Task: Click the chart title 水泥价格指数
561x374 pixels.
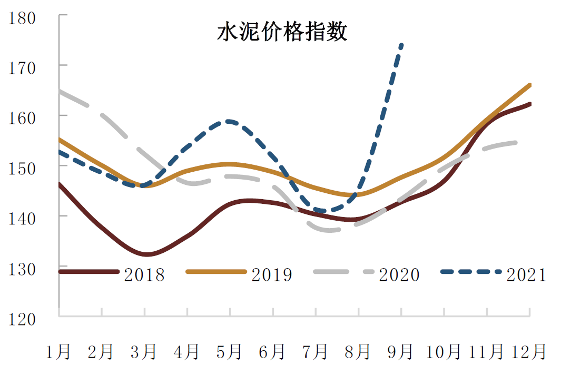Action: pyautogui.click(x=282, y=32)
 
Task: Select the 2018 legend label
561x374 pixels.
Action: pyautogui.click(x=144, y=274)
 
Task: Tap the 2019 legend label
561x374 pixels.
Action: pyautogui.click(x=272, y=274)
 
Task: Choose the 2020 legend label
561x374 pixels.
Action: pyautogui.click(x=399, y=274)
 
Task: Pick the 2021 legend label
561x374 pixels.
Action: pyautogui.click(x=527, y=274)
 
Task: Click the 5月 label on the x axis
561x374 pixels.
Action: pyautogui.click(x=230, y=351)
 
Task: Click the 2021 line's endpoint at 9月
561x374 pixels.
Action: pyautogui.click(x=402, y=45)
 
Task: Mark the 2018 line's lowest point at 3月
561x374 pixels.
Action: pyautogui.click(x=146, y=254)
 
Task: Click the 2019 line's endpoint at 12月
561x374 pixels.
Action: pyautogui.click(x=529, y=85)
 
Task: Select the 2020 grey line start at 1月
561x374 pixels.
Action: pyautogui.click(x=60, y=91)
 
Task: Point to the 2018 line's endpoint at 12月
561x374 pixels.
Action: pyautogui.click(x=529, y=104)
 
